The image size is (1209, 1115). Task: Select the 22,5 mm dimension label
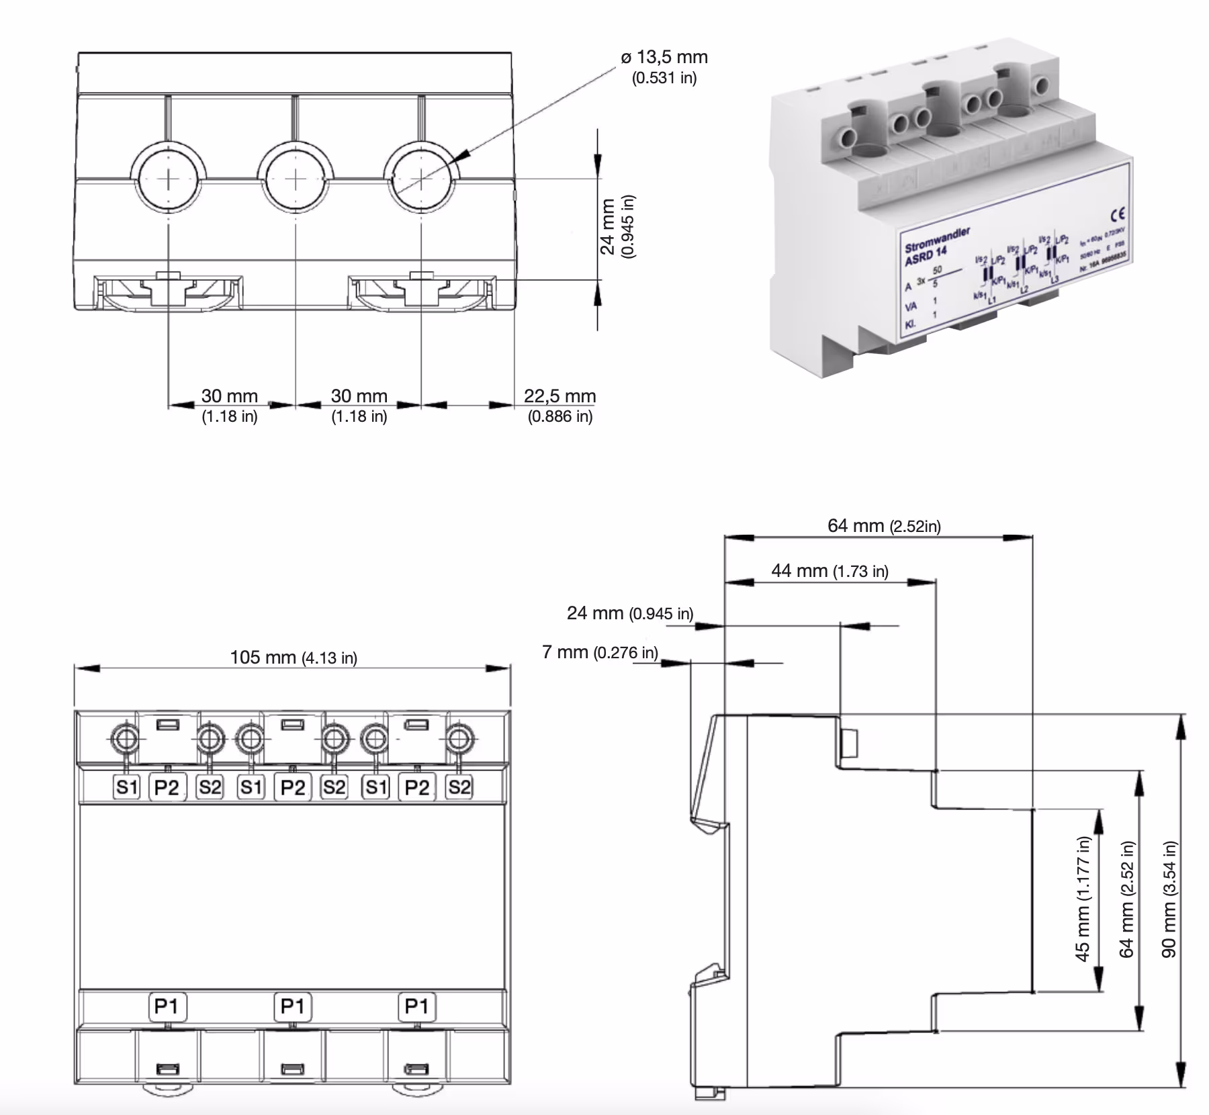coord(559,397)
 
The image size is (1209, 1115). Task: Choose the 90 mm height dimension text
coord(1169,899)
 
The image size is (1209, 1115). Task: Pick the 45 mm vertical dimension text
coord(1083,899)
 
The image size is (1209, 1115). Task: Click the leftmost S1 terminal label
coord(126,787)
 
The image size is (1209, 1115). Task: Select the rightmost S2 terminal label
coord(459,787)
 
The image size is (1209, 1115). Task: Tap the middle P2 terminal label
coord(292,787)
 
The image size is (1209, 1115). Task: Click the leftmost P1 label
coord(166,1006)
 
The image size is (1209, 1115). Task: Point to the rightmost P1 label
coord(416,1006)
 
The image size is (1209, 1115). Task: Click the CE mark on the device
coord(1118,214)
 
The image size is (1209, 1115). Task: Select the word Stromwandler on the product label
coord(937,238)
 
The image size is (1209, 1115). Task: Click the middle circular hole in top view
coord(296,179)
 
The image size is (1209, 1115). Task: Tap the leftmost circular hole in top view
coord(169,179)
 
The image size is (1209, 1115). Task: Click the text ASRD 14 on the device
coord(925,256)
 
